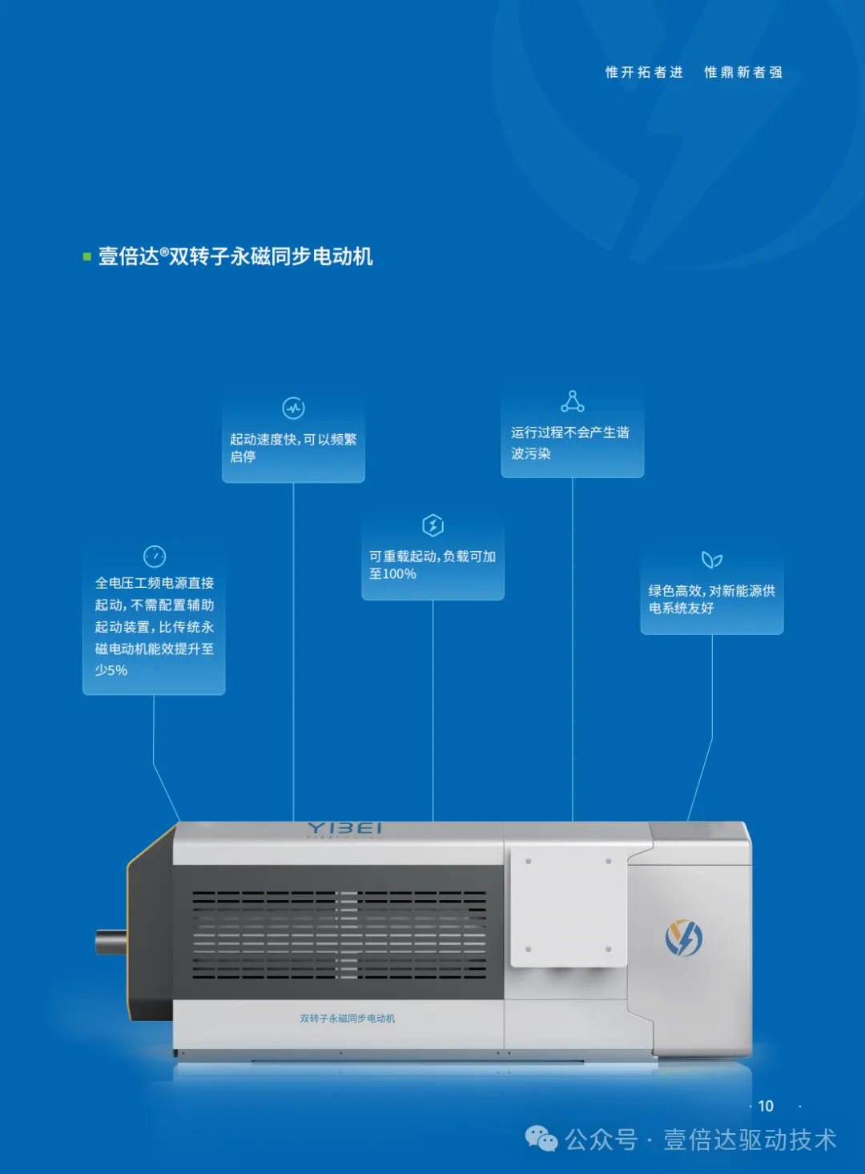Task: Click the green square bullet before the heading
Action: pyautogui.click(x=86, y=257)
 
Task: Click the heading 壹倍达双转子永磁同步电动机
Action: pyautogui.click(x=235, y=256)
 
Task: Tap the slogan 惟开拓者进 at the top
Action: pyautogui.click(x=644, y=72)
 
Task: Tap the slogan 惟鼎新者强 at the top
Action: pyautogui.click(x=743, y=72)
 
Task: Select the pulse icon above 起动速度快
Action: pyautogui.click(x=294, y=408)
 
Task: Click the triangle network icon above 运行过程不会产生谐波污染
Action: pyautogui.click(x=572, y=401)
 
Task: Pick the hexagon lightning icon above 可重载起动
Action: pyautogui.click(x=432, y=525)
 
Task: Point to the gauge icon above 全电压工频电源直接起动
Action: pyautogui.click(x=154, y=556)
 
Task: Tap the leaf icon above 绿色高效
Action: pyautogui.click(x=711, y=560)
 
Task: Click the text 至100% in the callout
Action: pyautogui.click(x=392, y=574)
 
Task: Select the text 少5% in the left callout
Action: pyautogui.click(x=111, y=670)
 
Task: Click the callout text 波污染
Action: pyautogui.click(x=531, y=454)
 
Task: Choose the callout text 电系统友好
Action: pyautogui.click(x=681, y=609)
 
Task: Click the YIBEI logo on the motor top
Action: pyautogui.click(x=344, y=828)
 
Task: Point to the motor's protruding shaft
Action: pyautogui.click(x=111, y=942)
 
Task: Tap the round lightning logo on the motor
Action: pyautogui.click(x=683, y=938)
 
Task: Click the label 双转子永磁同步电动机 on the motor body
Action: pyautogui.click(x=348, y=1019)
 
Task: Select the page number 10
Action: pyautogui.click(x=766, y=1106)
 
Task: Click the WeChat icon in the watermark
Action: pyautogui.click(x=541, y=1139)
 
